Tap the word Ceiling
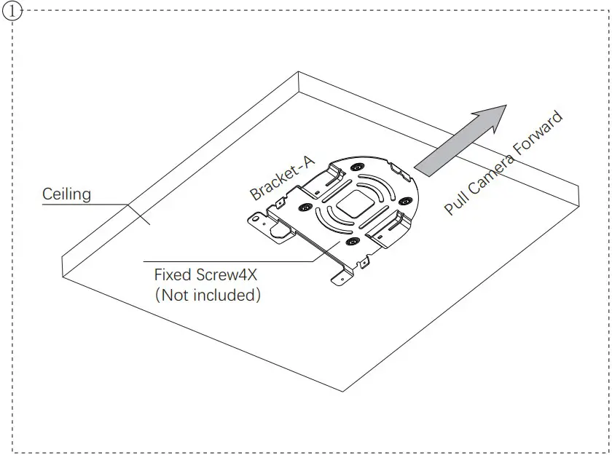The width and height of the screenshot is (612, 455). click(66, 194)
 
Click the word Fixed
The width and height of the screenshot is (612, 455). click(173, 276)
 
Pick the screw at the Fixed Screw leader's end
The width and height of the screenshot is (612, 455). click(352, 241)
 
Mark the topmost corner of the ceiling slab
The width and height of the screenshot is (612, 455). click(299, 71)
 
